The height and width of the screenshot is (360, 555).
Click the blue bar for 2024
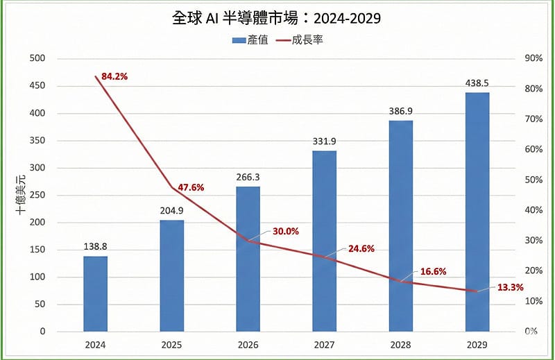pyautogui.click(x=95, y=294)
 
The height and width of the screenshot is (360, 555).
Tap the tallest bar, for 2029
pyautogui.click(x=477, y=212)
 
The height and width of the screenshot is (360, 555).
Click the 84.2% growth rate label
pyautogui.click(x=114, y=76)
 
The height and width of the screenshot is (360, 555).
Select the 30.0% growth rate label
pyautogui.click(x=285, y=232)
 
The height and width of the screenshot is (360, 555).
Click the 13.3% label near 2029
pyautogui.click(x=509, y=287)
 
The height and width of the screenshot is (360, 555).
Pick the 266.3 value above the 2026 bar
pyautogui.click(x=248, y=177)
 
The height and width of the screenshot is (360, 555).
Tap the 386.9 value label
pyautogui.click(x=400, y=111)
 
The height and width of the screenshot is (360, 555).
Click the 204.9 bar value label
pyautogui.click(x=171, y=211)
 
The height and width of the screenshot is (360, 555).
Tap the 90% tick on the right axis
pyautogui.click(x=515, y=58)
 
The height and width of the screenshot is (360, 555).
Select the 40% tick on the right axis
pyautogui.click(x=515, y=210)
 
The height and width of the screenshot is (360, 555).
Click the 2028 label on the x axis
pyautogui.click(x=400, y=345)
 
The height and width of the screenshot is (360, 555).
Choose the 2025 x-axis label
pyautogui.click(x=171, y=345)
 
